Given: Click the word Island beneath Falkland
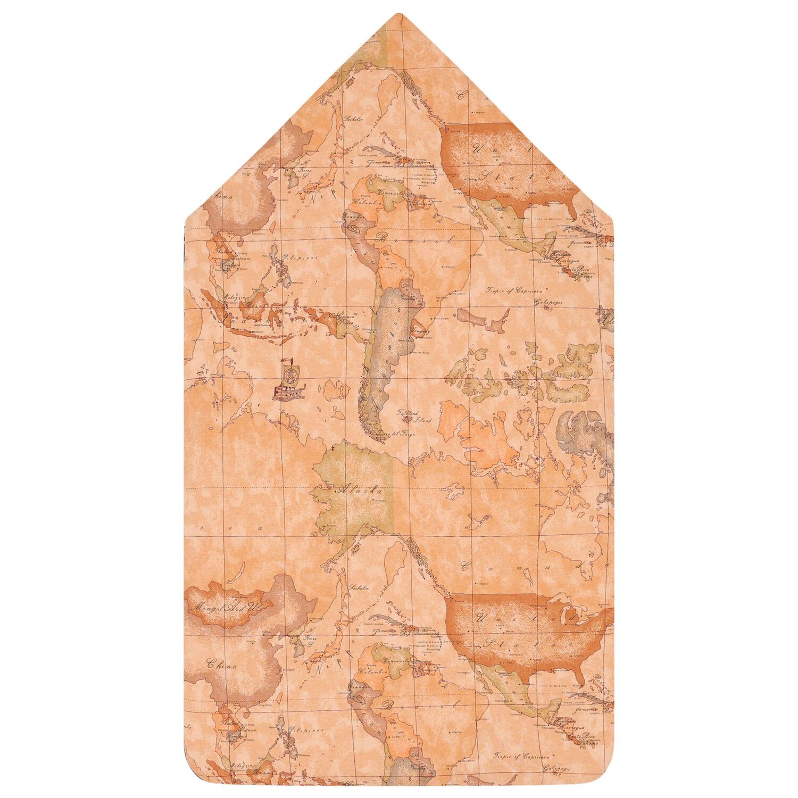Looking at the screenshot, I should (x=423, y=419).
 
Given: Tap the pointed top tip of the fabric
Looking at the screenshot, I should (x=400, y=14).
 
